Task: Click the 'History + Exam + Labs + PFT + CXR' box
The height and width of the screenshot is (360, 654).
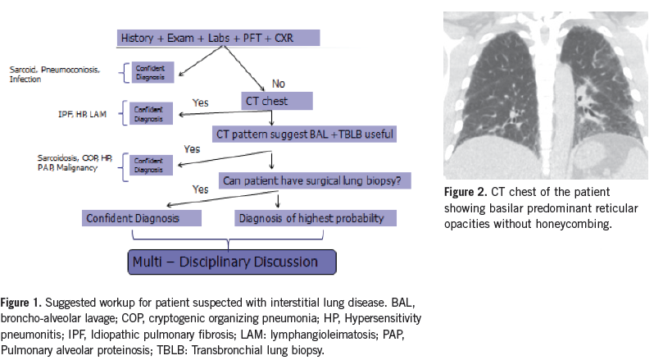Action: [x=217, y=39]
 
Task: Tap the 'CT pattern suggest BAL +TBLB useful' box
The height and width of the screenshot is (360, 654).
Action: [x=304, y=132]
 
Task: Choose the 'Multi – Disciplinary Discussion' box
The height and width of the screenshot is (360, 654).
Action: [x=233, y=262]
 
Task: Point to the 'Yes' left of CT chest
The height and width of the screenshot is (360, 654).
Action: [x=202, y=102]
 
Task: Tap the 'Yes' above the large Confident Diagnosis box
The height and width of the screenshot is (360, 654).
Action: [x=202, y=188]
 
